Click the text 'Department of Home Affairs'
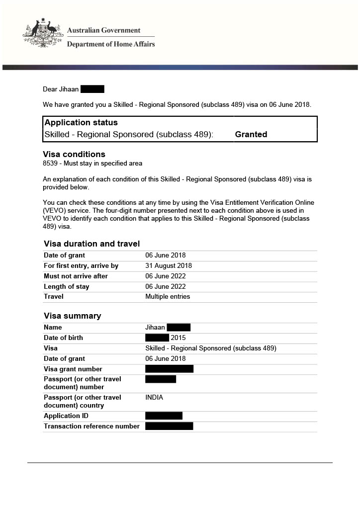[x=111, y=44]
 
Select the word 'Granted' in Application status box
[x=251, y=134]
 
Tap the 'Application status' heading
[x=81, y=122]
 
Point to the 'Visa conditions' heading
[x=74, y=154]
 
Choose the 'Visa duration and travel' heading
[x=91, y=244]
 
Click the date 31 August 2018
[x=169, y=266]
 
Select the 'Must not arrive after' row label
[x=76, y=276]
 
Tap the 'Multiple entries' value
[x=168, y=297]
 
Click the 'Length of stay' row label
[x=67, y=287]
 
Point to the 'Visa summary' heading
[x=72, y=316]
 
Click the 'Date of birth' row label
[x=63, y=338]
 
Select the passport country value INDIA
[x=154, y=398]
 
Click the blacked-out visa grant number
[x=169, y=369]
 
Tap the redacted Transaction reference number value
[x=169, y=426]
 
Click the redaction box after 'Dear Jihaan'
[x=92, y=89]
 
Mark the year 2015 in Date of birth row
[x=178, y=338]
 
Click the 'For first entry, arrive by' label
[x=81, y=266]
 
